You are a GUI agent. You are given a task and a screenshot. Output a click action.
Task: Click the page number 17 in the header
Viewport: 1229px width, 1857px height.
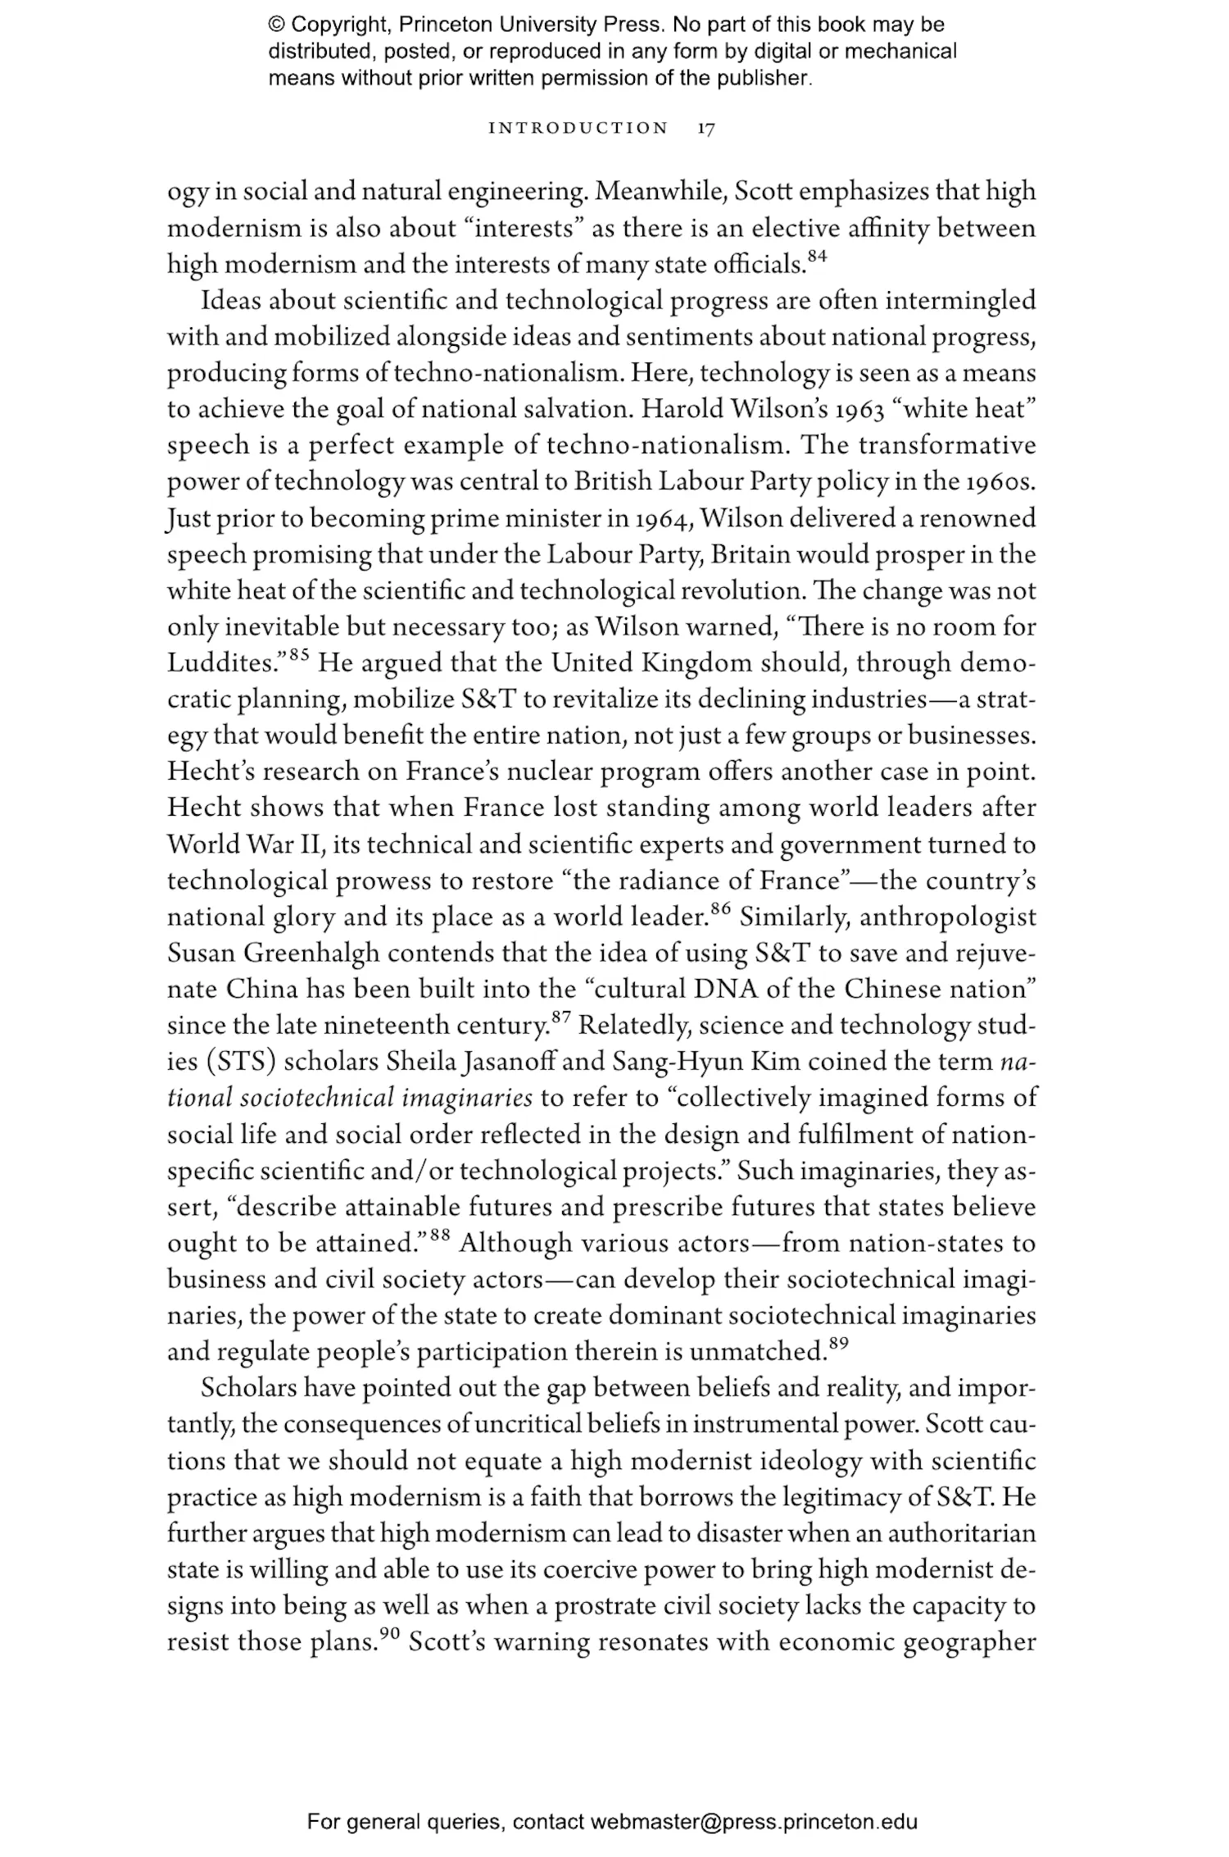pos(706,128)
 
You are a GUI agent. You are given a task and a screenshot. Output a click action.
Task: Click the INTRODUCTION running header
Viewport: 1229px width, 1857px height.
pos(578,128)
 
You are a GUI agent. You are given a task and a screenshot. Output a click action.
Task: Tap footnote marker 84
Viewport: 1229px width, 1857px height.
pos(817,256)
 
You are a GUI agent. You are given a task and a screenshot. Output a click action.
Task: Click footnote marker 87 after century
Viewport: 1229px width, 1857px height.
pos(560,1017)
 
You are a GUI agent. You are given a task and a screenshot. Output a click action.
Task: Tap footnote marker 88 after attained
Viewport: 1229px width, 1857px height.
pos(440,1234)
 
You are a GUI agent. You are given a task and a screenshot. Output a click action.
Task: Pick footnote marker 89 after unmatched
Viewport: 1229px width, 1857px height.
pos(837,1342)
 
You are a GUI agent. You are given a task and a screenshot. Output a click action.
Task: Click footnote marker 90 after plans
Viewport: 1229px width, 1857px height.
pos(388,1632)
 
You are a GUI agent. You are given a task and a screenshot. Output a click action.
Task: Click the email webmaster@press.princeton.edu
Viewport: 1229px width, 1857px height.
pos(753,1823)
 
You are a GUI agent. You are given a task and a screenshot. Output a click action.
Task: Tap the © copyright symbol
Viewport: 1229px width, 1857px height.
pos(277,25)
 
